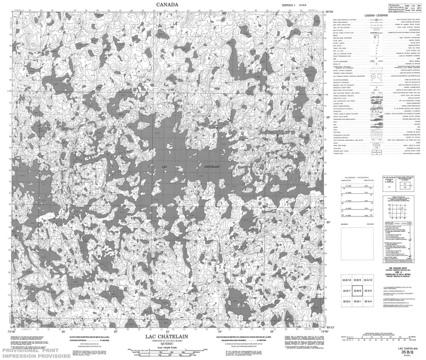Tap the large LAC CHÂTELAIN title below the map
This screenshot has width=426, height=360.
click(167, 337)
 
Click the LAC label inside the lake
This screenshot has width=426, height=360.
click(164, 168)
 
